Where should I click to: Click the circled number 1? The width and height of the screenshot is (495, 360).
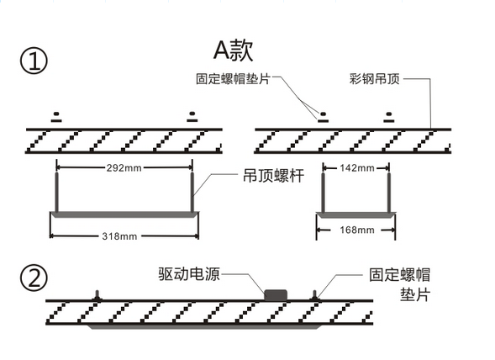tap(34, 61)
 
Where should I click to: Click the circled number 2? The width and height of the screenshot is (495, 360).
tap(34, 278)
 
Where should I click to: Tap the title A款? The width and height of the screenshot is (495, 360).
tap(234, 50)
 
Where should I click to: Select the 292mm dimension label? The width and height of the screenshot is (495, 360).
tap(124, 167)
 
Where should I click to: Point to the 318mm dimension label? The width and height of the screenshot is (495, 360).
tap(119, 236)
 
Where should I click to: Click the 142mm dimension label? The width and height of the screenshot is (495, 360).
tap(357, 167)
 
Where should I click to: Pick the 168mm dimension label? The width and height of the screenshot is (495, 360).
tap(357, 230)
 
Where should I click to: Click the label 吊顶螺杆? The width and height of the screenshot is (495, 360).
tap(274, 176)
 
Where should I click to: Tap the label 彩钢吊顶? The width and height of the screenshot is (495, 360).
tap(375, 79)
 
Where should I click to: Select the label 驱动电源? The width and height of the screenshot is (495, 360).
tap(189, 273)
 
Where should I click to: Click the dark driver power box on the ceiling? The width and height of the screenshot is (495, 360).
tap(276, 295)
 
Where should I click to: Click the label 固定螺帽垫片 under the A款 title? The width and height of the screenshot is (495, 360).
tap(233, 79)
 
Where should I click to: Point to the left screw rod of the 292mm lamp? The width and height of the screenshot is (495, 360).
tap(57, 193)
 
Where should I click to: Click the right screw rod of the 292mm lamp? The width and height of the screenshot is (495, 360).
tap(192, 193)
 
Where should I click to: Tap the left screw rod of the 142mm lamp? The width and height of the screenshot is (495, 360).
tap(323, 193)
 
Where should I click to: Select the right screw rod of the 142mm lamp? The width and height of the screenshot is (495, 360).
tap(389, 193)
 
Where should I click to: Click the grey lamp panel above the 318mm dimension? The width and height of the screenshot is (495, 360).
tap(124, 214)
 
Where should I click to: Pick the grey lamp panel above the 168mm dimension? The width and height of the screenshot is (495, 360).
tap(355, 215)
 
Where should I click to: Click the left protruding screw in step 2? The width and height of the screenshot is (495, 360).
tap(97, 295)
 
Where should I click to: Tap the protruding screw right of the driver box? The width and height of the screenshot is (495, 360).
tap(315, 295)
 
